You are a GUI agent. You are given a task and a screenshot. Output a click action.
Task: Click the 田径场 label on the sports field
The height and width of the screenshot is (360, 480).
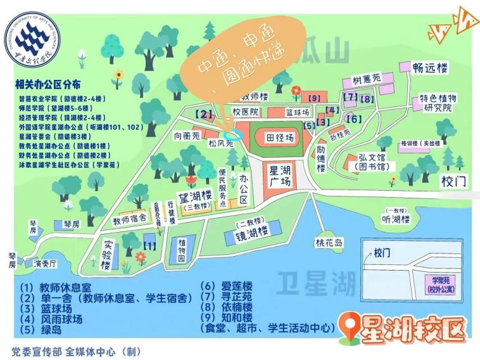[x=280, y=138]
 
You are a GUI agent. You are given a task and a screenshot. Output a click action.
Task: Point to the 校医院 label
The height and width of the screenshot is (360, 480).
[x=245, y=112]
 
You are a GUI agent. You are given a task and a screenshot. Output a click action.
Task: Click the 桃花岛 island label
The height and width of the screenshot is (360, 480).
[x=329, y=243]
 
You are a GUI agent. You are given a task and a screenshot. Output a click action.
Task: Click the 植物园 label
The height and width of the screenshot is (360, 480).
[x=181, y=251]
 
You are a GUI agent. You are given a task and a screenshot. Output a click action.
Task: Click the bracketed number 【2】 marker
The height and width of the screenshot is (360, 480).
[x=203, y=114]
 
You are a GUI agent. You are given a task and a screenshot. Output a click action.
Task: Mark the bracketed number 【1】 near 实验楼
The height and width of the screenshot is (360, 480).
[x=150, y=244]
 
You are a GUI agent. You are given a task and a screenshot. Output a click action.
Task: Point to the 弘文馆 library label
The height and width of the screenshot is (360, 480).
[x=374, y=161]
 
